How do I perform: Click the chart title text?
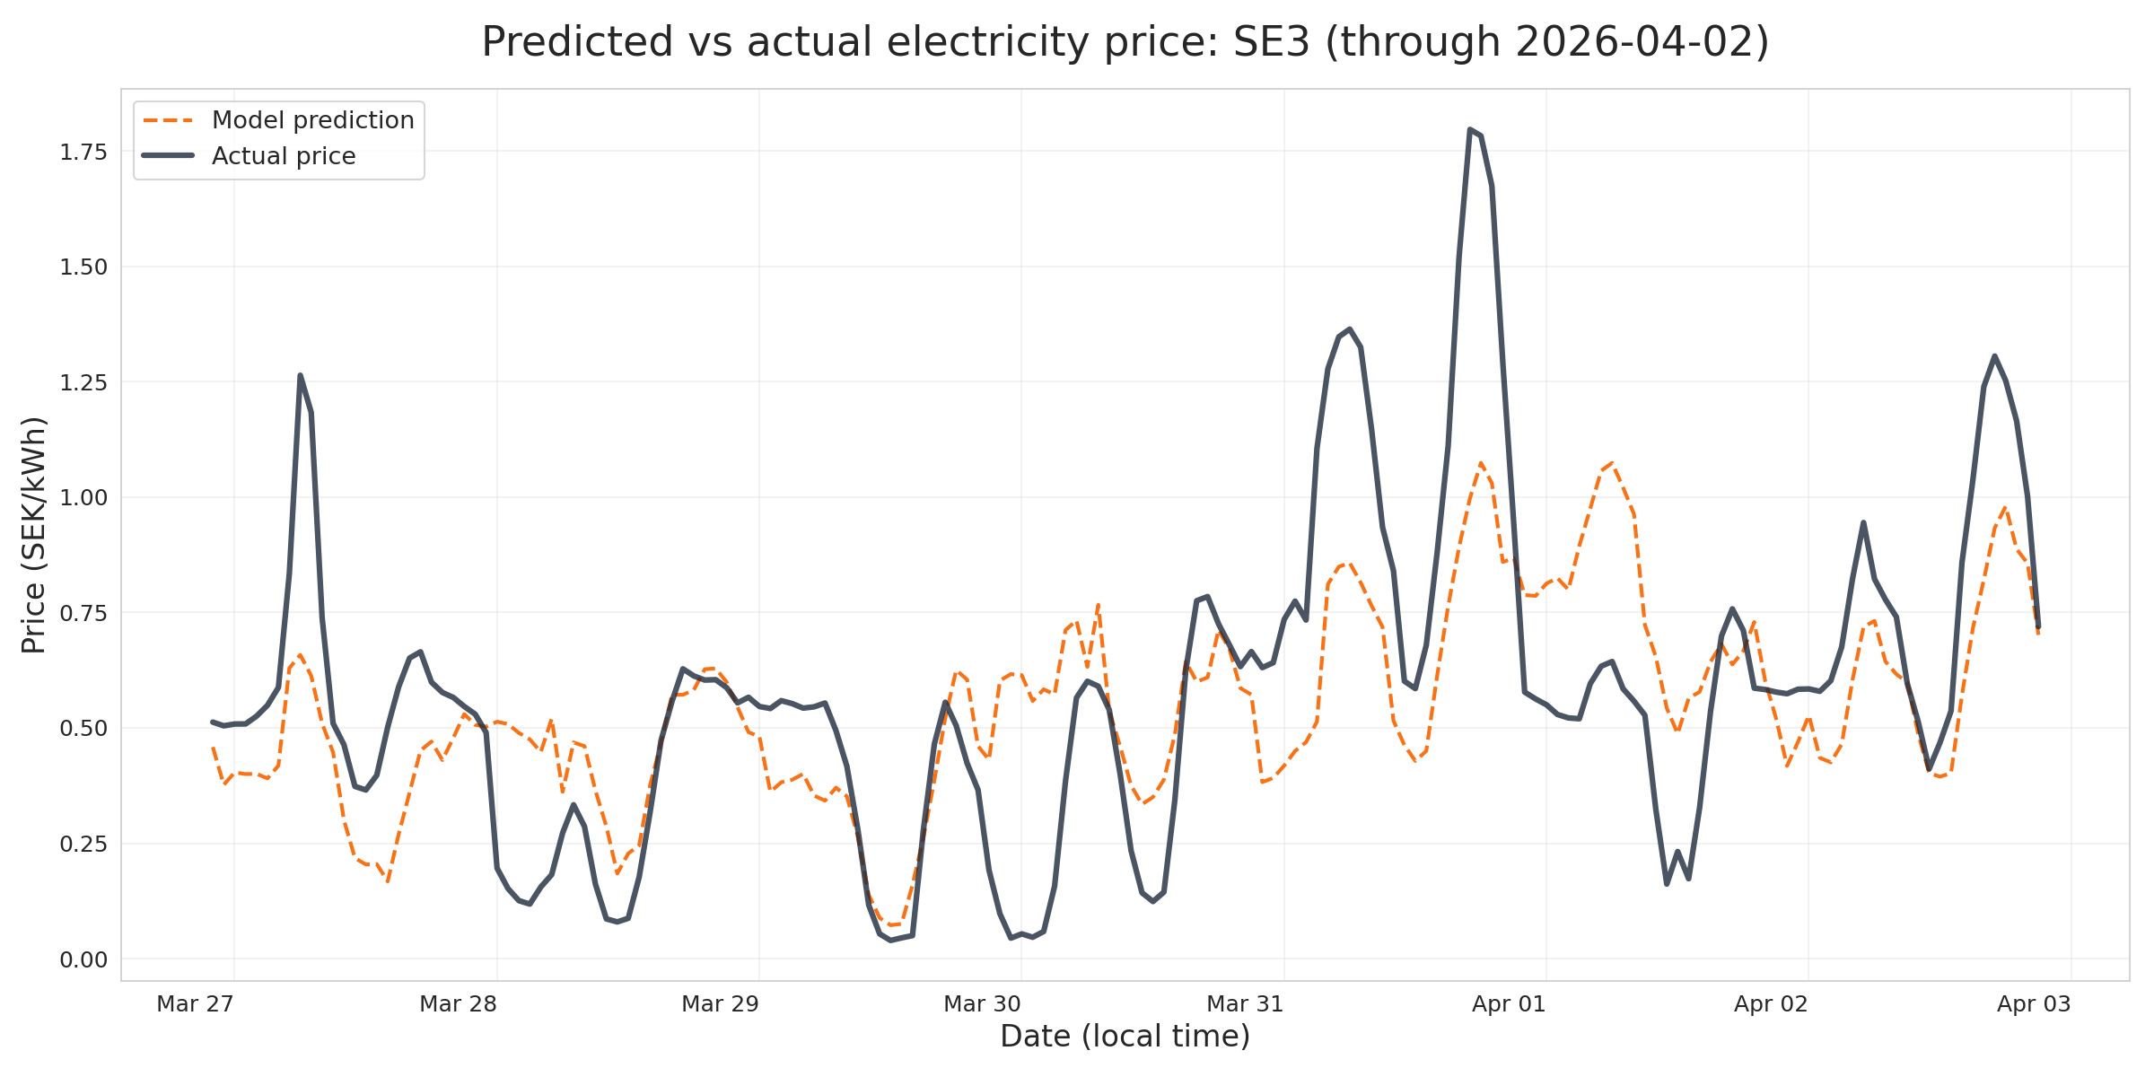[1125, 42]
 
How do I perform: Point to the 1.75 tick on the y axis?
[83, 153]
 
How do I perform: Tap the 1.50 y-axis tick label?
[83, 267]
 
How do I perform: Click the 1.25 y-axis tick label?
[83, 383]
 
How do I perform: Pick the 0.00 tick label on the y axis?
[83, 960]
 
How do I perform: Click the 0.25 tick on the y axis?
[83, 845]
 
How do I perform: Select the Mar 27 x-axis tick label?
[195, 1004]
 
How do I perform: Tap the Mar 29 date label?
[720, 1004]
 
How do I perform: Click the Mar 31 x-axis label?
[1245, 1004]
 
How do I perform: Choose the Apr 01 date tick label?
[1509, 1004]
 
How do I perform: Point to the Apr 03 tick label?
[2034, 1004]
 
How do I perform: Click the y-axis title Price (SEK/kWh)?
[34, 535]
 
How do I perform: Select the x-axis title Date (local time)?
[1125, 1037]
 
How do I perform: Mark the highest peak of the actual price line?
[1470, 130]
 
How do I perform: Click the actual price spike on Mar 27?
[300, 376]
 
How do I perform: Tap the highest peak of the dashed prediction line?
[1612, 463]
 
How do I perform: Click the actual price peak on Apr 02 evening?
[1994, 356]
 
